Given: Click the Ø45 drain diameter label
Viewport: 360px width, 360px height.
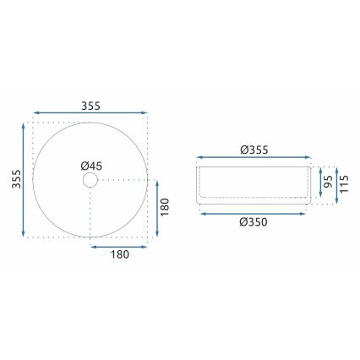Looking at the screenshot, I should pos(92,166).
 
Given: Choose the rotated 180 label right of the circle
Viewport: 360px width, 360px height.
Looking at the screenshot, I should pos(165,206).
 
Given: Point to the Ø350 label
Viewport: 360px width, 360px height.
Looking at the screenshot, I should pos(254,223).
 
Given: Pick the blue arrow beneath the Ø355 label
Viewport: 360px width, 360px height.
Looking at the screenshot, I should pos(254,158).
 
